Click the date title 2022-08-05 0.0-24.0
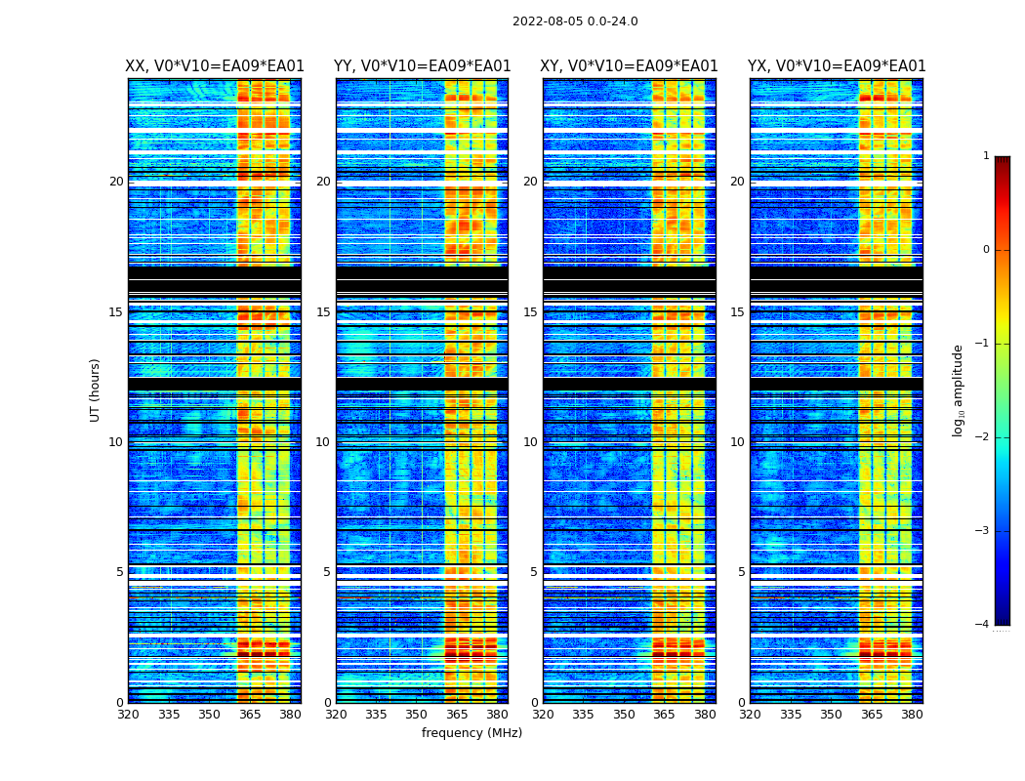[x=575, y=21]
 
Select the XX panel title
[x=215, y=66]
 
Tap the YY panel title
[x=422, y=66]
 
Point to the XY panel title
[x=630, y=66]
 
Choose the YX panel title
[x=837, y=66]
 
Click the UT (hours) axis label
[x=95, y=390]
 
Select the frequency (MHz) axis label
[x=471, y=733]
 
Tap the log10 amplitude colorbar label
[x=958, y=390]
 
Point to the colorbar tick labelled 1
[x=986, y=156]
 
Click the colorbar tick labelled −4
[x=983, y=625]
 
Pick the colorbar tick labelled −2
[x=983, y=437]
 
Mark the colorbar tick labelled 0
[x=986, y=250]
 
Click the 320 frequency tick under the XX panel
[x=128, y=715]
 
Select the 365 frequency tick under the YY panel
[x=457, y=715]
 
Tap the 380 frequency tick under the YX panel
[x=912, y=715]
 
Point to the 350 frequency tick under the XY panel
[x=624, y=715]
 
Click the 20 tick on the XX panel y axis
[x=116, y=182]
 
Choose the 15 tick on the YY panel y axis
[x=323, y=312]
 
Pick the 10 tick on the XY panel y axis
[x=530, y=442]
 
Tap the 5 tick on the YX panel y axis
[x=742, y=572]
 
